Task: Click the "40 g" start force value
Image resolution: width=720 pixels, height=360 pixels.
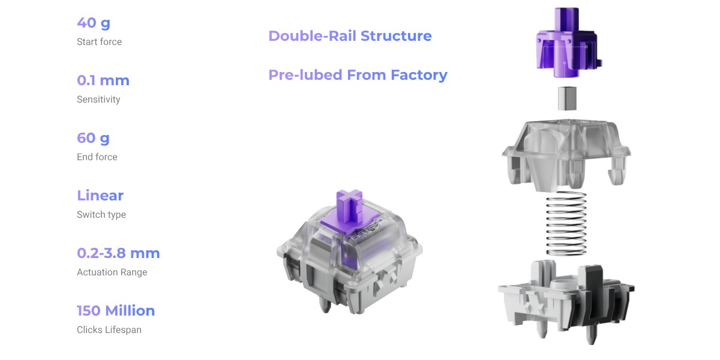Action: coord(94,23)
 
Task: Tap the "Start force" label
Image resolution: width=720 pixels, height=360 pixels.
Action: coord(100,42)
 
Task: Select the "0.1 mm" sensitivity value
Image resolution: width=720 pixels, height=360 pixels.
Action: coord(103,80)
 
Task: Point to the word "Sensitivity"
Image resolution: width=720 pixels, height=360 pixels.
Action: coord(98,100)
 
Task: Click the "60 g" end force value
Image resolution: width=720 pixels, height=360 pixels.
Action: coord(93,138)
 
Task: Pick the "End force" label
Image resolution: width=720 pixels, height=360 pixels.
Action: coord(97,157)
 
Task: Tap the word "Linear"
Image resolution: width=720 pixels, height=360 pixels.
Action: coord(100,196)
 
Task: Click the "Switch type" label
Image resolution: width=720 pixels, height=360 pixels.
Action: coord(101,214)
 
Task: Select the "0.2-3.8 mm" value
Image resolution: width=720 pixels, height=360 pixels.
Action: coord(118,253)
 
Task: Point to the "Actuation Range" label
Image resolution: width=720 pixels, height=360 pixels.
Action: coord(112,272)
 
